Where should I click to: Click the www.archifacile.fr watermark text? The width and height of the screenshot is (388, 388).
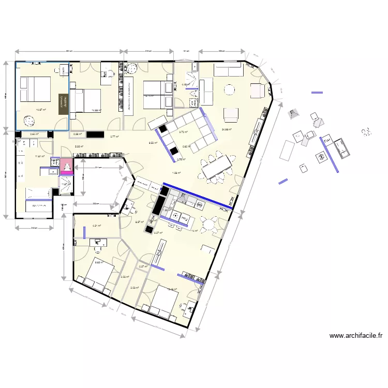[x=356, y=335]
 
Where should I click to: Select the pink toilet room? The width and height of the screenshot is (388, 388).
[x=67, y=166]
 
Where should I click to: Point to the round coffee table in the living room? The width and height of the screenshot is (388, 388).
[x=229, y=90]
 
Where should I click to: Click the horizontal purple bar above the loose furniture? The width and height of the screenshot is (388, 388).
[x=317, y=93]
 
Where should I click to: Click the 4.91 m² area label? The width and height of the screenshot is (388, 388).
[x=96, y=226]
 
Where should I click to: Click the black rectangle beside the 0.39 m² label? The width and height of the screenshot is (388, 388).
[x=96, y=134]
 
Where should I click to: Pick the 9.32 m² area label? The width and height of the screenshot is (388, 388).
[x=153, y=143]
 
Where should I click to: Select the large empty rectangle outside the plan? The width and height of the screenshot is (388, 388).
[x=287, y=150]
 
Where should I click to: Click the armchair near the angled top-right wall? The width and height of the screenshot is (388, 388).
[x=258, y=90]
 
